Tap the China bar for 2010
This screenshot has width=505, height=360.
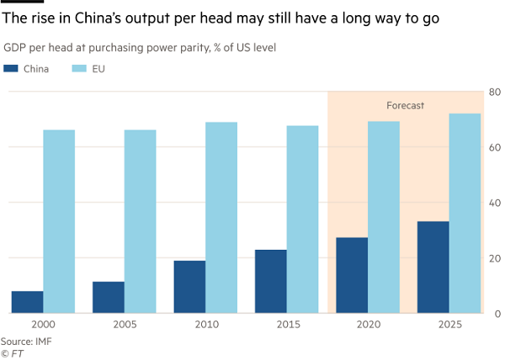(x=189, y=287)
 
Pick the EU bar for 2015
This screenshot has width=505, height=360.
(x=302, y=220)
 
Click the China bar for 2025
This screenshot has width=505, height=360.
(x=433, y=267)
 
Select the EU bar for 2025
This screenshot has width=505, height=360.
(x=465, y=214)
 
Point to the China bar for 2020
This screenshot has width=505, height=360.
(x=352, y=275)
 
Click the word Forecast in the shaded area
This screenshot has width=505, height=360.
(x=405, y=106)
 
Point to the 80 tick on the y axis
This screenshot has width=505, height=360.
(x=496, y=92)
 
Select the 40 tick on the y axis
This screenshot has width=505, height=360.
(x=496, y=203)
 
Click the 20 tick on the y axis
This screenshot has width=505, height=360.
(x=496, y=258)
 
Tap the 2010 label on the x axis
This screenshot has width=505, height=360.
(x=205, y=325)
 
